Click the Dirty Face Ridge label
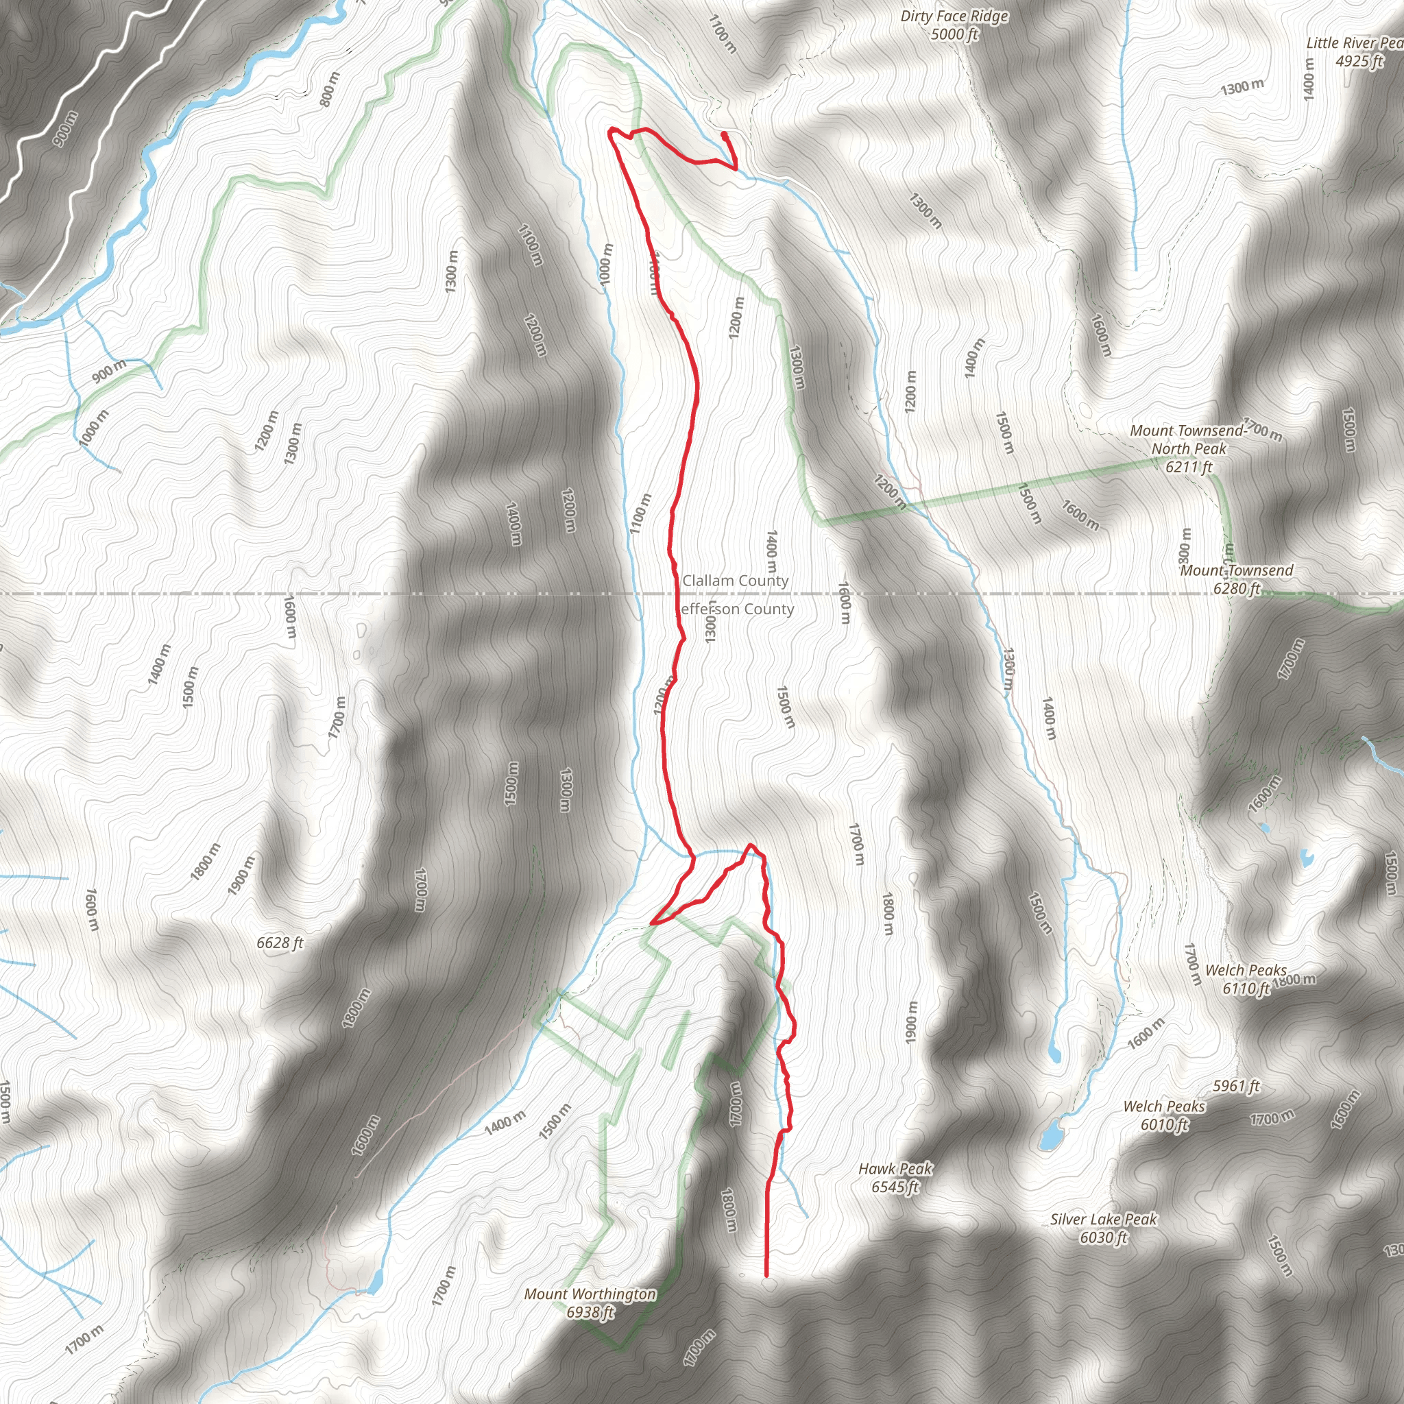coord(954,25)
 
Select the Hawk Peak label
coord(895,1177)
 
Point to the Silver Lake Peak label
coord(1103,1228)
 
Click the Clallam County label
coord(735,581)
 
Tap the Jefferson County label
coord(735,609)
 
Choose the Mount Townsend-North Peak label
coord(1188,448)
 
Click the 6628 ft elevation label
coord(280,943)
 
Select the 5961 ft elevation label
coord(1235,1086)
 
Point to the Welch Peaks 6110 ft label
coord(1246,979)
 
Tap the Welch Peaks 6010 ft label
coord(1164,1115)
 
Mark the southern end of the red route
coord(766,1275)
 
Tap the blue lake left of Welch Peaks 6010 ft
coord(1049,1135)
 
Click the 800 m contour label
coord(330,88)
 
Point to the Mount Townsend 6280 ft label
coord(1236,579)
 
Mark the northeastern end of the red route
coord(724,134)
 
